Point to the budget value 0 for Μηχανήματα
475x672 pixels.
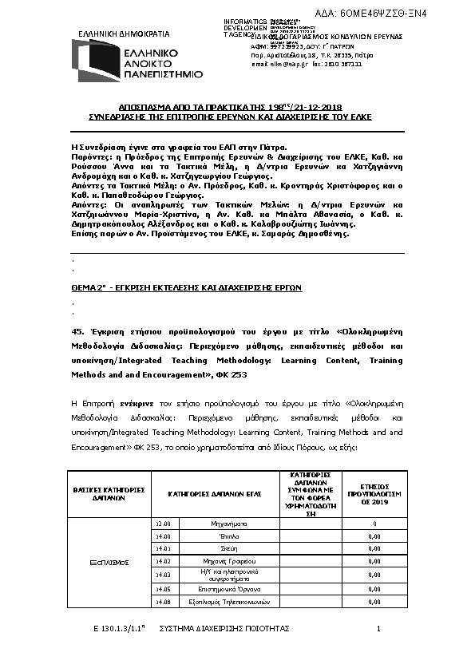tap(374, 524)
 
